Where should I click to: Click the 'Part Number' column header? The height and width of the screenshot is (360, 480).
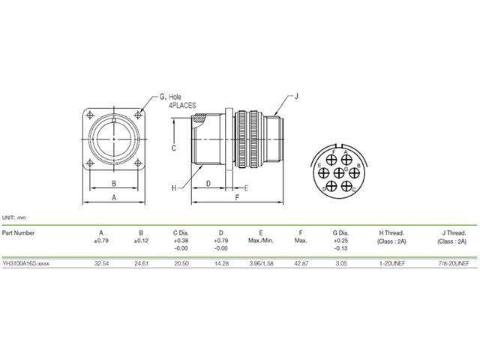coord(19,233)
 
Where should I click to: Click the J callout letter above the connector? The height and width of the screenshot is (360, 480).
coord(296,97)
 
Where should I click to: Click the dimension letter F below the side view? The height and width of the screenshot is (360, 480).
coord(236,197)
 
